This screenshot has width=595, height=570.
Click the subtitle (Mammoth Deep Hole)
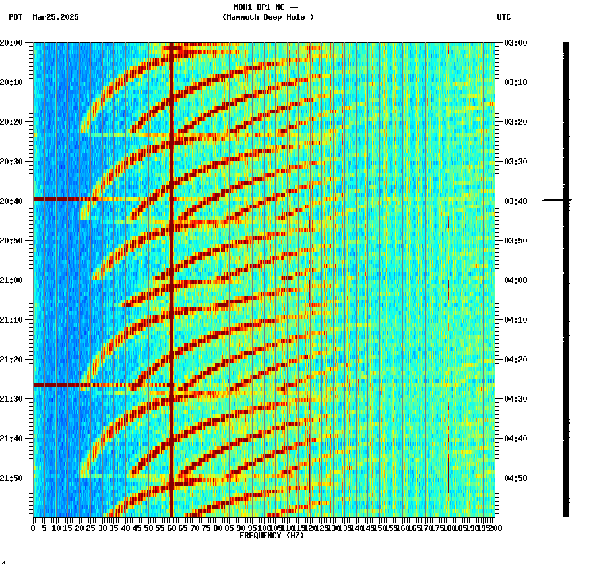click(x=268, y=17)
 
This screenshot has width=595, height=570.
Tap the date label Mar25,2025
click(x=55, y=17)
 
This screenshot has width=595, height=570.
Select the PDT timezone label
click(x=15, y=17)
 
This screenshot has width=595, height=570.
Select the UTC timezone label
click(x=503, y=17)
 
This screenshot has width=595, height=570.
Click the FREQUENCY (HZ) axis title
click(x=271, y=536)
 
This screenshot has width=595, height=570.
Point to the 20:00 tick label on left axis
click(x=12, y=43)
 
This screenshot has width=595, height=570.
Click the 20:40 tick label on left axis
click(x=12, y=201)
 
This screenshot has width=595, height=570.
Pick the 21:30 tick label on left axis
click(x=12, y=399)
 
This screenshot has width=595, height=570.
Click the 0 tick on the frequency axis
click(x=34, y=528)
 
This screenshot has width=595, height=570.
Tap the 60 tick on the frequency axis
click(x=172, y=528)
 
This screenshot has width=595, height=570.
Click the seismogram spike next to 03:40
click(x=557, y=199)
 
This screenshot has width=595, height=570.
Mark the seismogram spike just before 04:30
click(x=559, y=385)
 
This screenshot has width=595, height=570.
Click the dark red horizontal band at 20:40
click(x=59, y=198)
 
